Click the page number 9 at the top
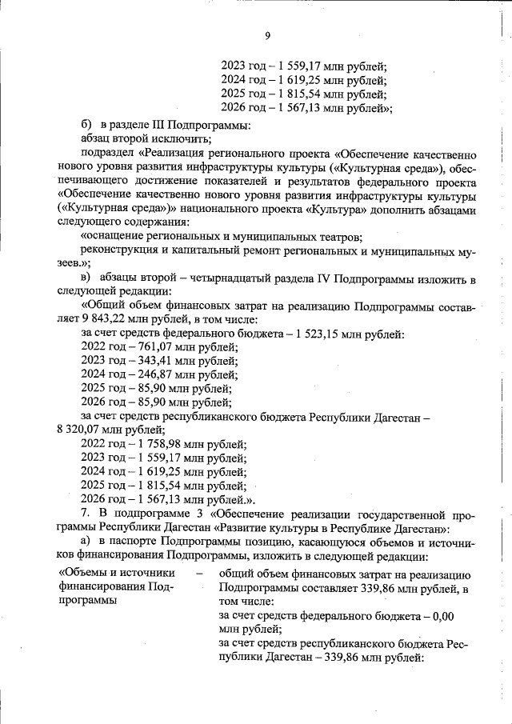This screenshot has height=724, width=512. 268,34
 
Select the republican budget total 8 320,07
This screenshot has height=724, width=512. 79,430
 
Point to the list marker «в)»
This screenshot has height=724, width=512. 88,276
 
